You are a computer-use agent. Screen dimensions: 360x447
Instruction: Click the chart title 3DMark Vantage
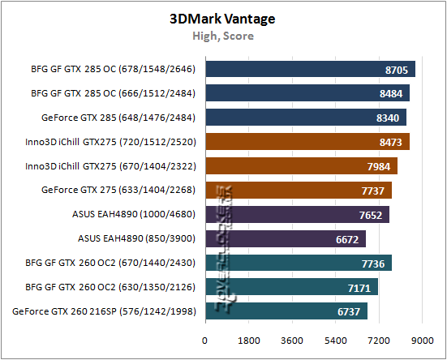point(222,17)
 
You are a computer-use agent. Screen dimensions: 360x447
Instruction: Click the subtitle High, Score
point(222,36)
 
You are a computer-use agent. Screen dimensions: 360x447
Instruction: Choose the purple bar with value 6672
point(285,238)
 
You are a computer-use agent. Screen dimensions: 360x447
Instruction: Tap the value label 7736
point(374,263)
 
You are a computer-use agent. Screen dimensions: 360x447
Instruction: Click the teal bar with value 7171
point(291,287)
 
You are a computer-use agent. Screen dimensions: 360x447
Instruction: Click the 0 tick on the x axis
point(205,341)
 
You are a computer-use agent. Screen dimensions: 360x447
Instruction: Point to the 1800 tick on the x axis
point(248,341)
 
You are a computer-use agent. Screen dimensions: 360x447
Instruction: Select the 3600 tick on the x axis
point(292,341)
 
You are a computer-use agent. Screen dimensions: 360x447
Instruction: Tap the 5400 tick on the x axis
point(336,341)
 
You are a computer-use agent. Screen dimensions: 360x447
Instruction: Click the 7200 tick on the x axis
point(379,341)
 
